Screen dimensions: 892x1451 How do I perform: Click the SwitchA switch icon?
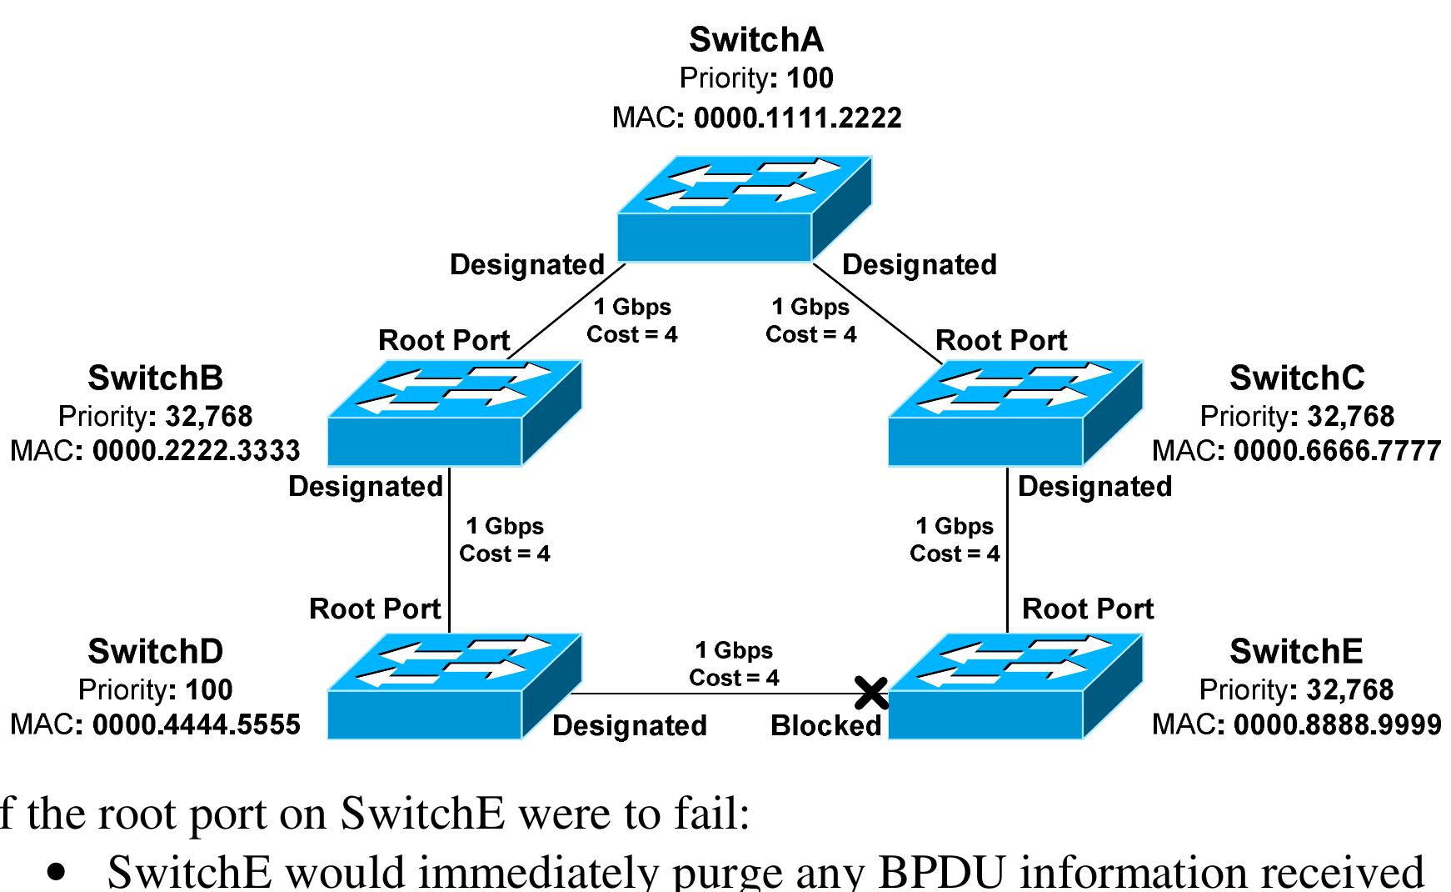point(744,209)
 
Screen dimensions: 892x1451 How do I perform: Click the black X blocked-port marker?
point(871,692)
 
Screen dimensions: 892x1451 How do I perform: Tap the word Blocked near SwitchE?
point(825,725)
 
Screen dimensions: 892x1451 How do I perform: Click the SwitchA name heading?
point(755,39)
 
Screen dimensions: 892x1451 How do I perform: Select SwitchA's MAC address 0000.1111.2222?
point(797,118)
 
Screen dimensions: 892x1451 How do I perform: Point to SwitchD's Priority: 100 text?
point(155,689)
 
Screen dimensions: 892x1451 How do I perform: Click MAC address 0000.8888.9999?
point(1337,724)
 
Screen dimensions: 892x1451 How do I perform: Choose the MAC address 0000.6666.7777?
point(1337,450)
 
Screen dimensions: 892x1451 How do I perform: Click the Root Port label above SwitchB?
point(443,340)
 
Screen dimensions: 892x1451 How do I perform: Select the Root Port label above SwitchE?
point(1087,609)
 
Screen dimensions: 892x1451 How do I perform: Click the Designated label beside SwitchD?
point(629,725)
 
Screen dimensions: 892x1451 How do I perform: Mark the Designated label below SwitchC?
point(1094,486)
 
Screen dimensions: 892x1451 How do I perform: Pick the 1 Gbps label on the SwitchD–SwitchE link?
point(734,650)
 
